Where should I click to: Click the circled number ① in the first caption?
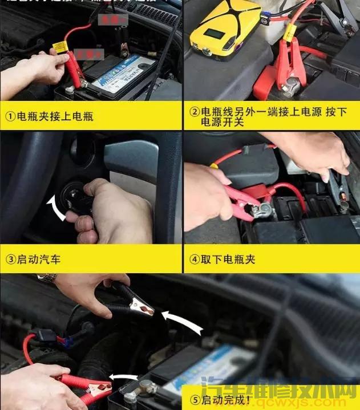coord(10,117)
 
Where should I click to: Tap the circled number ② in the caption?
coord(194,112)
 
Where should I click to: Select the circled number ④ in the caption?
coord(194,259)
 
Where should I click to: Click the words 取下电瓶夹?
coord(228,259)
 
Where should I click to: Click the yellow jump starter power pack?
coord(227,34)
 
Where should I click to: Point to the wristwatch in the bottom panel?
coord(47,278)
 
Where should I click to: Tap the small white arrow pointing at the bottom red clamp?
coord(124,377)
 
